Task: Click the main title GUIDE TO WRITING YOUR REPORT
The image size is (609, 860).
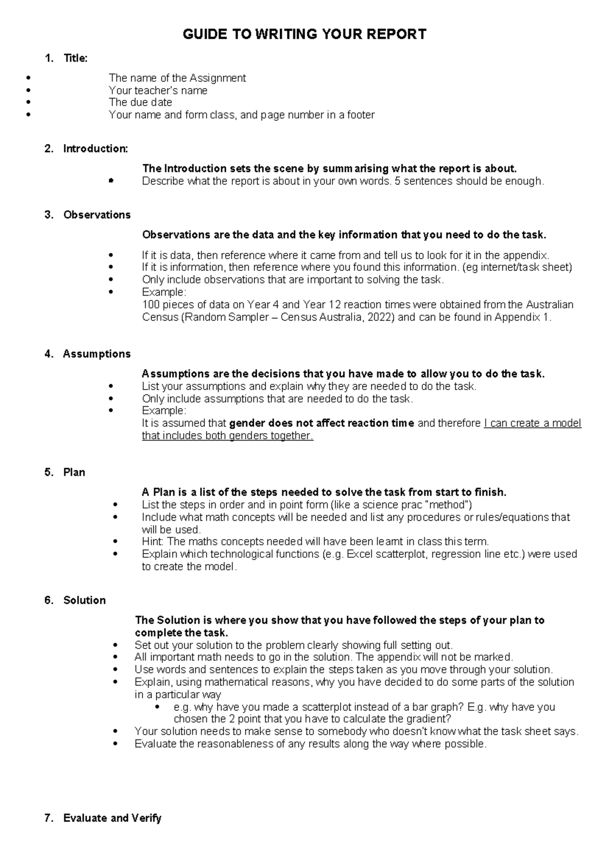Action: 304,34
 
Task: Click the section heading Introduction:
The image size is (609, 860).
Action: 95,149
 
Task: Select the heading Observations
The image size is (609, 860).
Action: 96,214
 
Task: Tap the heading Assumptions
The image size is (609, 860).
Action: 96,354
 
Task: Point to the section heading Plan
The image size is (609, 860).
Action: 74,472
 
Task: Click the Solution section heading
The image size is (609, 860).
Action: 84,600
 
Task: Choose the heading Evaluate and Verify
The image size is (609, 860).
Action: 112,818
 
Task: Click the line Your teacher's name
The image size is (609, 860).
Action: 158,90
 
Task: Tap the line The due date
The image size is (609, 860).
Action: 140,102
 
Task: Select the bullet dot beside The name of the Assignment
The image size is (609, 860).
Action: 28,78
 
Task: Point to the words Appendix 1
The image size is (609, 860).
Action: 522,317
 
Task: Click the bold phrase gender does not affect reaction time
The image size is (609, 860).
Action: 322,423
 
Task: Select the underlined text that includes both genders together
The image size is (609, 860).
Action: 227,436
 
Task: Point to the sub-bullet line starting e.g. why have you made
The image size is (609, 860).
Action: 364,707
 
